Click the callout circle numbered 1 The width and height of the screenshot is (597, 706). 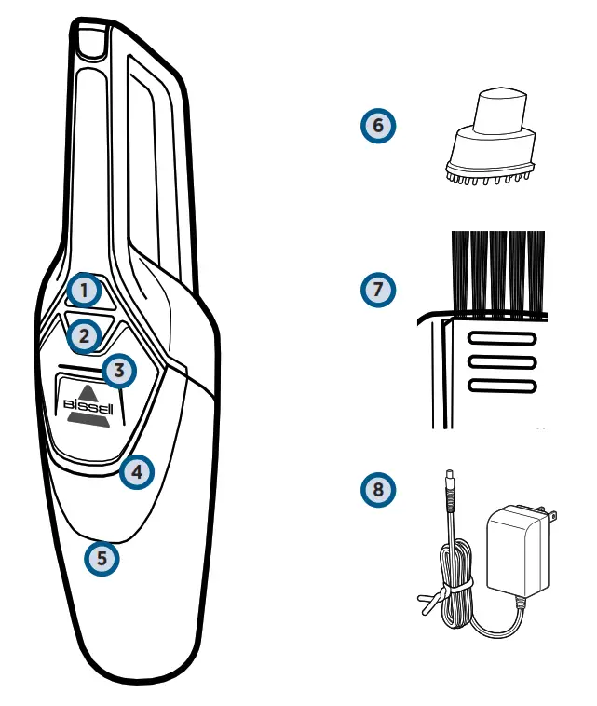[x=85, y=291]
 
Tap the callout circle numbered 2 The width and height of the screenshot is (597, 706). [x=85, y=334]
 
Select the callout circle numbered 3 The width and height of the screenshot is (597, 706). [x=118, y=371]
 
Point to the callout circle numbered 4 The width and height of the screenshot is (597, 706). [x=137, y=471]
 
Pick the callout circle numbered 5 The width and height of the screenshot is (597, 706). [x=102, y=559]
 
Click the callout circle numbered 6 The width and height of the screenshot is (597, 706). [x=377, y=126]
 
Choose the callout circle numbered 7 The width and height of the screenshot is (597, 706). [x=377, y=290]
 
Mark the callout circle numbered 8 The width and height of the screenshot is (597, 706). [x=377, y=488]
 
